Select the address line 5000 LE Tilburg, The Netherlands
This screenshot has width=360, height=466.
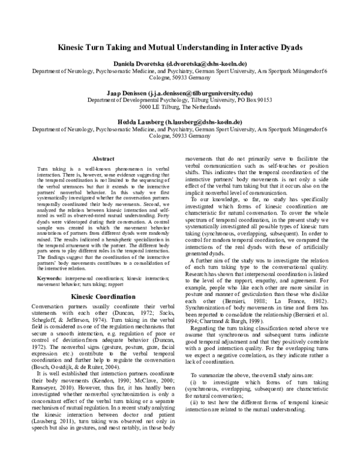point(180,107)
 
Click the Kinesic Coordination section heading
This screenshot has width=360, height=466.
point(102,297)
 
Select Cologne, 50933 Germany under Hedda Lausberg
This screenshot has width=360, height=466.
point(180,136)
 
